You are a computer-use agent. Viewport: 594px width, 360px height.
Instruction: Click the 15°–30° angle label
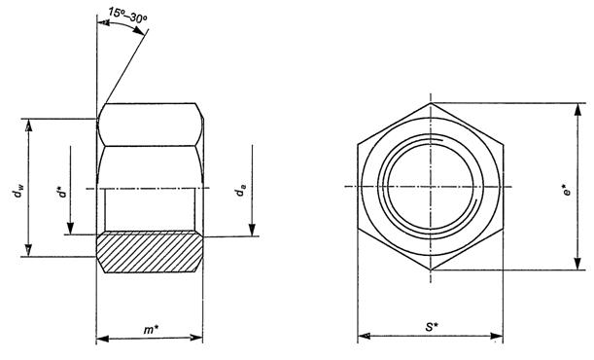pos(127,15)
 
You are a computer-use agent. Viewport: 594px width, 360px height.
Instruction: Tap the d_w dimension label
pos(17,192)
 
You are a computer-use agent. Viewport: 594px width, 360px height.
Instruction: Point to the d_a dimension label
pos(241,191)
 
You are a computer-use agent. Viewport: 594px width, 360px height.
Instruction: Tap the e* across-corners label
pos(567,191)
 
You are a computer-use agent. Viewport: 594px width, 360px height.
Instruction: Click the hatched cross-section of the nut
pos(150,253)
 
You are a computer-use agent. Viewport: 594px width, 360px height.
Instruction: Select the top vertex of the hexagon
pos(431,103)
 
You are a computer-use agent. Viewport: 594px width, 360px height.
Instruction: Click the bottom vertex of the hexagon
pos(431,270)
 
